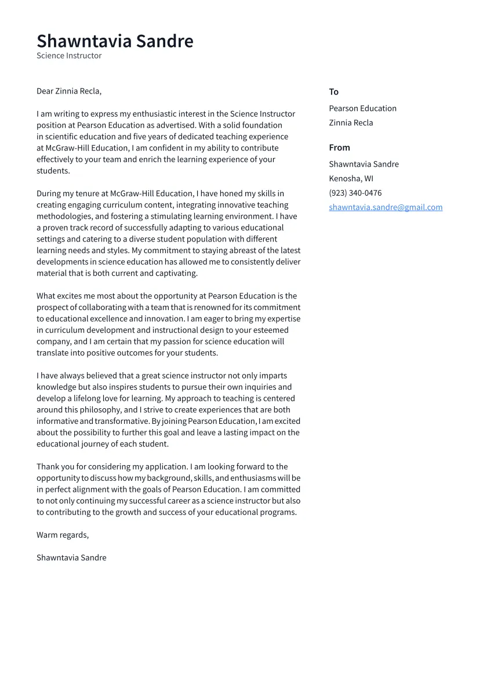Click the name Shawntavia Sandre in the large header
(115, 41)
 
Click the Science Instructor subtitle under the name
(69, 56)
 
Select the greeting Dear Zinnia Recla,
(69, 91)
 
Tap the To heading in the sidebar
(333, 92)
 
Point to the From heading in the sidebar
(339, 147)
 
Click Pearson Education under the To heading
(362, 109)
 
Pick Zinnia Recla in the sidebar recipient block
(351, 123)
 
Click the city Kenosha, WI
(351, 179)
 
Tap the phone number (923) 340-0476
(355, 193)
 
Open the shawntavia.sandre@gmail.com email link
(386, 207)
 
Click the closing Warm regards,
(63, 535)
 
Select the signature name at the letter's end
(71, 557)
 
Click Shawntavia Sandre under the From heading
(364, 164)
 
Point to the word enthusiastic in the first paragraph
(151, 114)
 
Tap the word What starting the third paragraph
(47, 296)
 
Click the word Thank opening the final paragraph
(48, 467)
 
